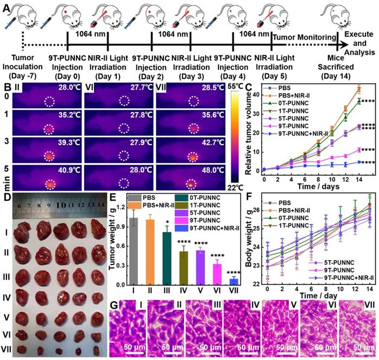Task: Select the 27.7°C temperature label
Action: (x=138, y=86)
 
